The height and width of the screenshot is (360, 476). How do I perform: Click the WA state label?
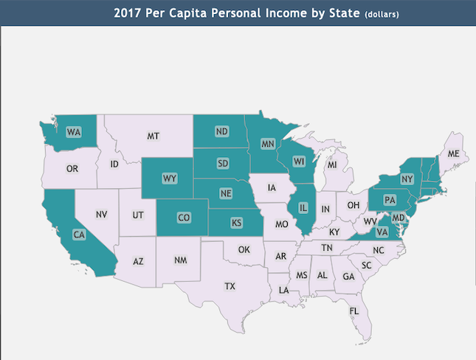click(x=74, y=132)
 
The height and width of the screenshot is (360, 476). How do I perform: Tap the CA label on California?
click(x=77, y=235)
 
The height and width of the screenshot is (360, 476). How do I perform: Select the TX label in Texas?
click(x=230, y=285)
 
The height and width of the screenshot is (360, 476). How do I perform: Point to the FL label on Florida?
click(x=354, y=311)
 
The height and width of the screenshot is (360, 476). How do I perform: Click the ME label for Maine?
click(x=453, y=153)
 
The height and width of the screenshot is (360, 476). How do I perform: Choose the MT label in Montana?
click(x=154, y=136)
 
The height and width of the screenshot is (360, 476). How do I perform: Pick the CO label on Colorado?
click(x=184, y=218)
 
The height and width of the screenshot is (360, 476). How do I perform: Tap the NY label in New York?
click(x=407, y=179)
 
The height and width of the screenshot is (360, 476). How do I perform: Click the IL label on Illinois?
click(x=302, y=209)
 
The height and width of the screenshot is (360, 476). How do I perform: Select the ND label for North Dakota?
click(x=221, y=132)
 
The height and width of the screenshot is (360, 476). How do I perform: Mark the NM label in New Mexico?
click(x=181, y=260)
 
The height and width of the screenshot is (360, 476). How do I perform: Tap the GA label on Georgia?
click(x=349, y=277)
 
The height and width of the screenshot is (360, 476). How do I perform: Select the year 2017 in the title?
click(x=128, y=13)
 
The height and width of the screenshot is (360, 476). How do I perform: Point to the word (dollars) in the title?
click(x=382, y=15)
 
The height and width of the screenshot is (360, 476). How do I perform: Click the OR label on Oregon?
click(x=72, y=169)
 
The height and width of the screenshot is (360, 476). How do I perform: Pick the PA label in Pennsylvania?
click(x=390, y=200)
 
